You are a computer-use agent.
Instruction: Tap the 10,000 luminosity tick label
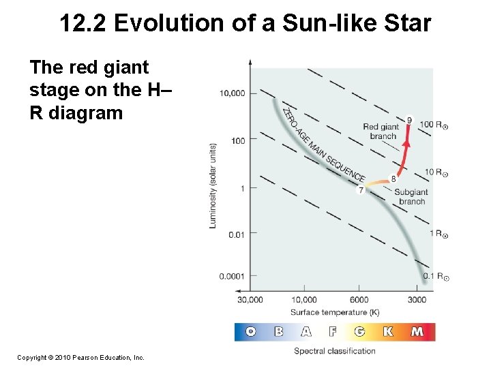point(233,93)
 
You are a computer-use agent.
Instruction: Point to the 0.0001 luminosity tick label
point(233,276)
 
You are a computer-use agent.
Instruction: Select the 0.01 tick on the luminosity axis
point(236,234)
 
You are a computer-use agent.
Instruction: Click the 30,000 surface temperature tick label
point(250,299)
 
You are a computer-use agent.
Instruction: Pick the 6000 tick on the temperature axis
point(359,299)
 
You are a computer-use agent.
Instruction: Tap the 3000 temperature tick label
point(417,299)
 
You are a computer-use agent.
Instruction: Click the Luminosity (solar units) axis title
point(213,185)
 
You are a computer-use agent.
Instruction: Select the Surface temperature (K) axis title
point(334,312)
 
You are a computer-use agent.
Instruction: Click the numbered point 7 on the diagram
point(360,190)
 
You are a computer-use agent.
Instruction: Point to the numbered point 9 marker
point(408,121)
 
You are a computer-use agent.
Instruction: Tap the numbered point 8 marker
point(393,179)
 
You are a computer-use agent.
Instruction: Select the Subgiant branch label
point(411,197)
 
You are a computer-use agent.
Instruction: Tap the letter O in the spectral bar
point(250,332)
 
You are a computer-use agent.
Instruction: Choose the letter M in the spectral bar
point(417,332)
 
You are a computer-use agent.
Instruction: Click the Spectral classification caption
point(334,351)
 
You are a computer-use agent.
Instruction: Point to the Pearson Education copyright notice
point(80,357)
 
